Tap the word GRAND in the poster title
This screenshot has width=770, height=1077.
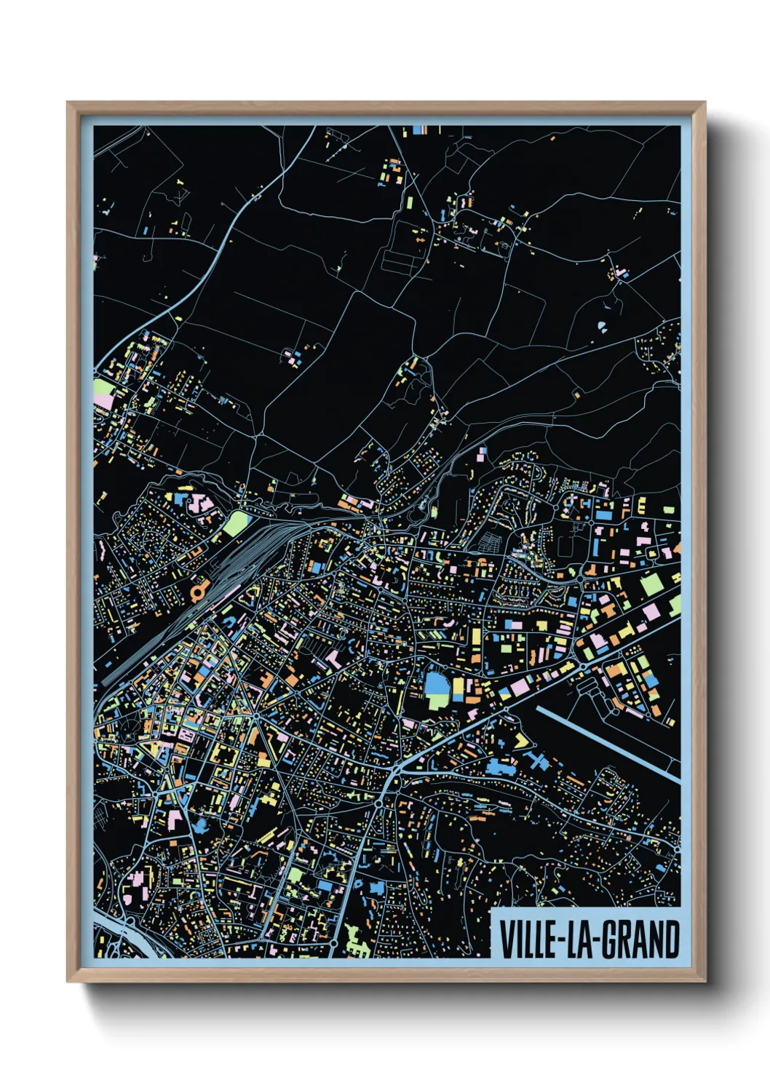click(x=641, y=939)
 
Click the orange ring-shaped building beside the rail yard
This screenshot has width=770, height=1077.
click(x=197, y=592)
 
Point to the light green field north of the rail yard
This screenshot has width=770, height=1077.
click(x=235, y=523)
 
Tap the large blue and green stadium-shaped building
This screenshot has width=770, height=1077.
click(x=437, y=690)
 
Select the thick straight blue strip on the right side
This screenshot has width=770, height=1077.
click(x=608, y=743)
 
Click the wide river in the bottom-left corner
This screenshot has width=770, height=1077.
click(x=116, y=931)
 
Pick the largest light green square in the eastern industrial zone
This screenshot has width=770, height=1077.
click(x=651, y=584)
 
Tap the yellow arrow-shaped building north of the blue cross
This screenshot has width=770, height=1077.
click(x=521, y=741)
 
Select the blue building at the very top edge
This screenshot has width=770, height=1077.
click(x=418, y=130)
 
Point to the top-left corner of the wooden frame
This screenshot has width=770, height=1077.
click(x=69, y=104)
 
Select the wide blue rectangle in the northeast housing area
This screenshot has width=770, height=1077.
click(x=603, y=514)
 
